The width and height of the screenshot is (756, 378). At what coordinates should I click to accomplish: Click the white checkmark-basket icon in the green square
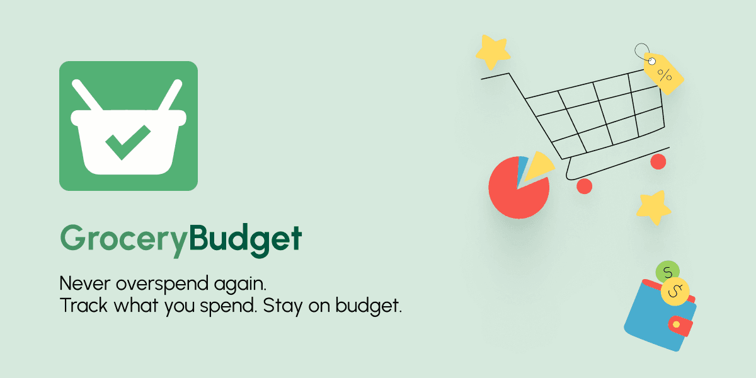129,126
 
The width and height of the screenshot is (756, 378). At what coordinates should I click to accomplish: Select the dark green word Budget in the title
245,239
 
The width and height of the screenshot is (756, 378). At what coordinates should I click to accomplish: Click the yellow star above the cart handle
492,52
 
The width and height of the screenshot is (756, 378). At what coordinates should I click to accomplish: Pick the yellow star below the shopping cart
653,207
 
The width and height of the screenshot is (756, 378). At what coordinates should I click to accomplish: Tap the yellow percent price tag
663,74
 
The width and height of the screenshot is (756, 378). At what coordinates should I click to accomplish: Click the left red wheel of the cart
585,186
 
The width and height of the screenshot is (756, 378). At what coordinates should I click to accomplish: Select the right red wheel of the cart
658,162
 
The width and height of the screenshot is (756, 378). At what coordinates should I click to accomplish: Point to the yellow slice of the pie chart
539,164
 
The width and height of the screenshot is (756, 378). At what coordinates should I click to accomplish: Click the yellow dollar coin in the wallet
675,290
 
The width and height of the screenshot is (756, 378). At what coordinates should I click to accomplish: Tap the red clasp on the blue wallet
679,325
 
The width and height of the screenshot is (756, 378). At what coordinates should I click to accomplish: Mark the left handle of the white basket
87,95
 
